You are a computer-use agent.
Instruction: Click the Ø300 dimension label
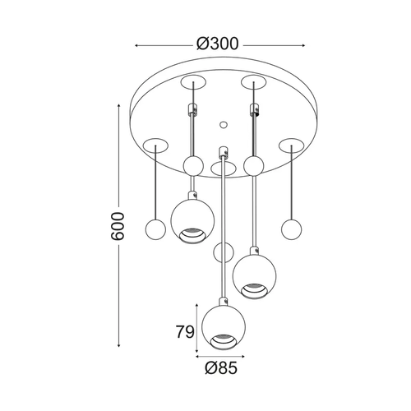click(x=218, y=44)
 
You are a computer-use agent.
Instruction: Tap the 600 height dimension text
click(x=118, y=226)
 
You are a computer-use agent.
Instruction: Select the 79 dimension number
click(x=185, y=331)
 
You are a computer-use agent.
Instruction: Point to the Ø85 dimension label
click(x=221, y=368)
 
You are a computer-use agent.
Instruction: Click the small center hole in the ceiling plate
click(x=224, y=125)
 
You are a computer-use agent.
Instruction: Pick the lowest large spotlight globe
click(x=224, y=327)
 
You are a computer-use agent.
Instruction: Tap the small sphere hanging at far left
click(x=155, y=229)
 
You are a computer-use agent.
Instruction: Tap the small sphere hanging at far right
click(x=291, y=229)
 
